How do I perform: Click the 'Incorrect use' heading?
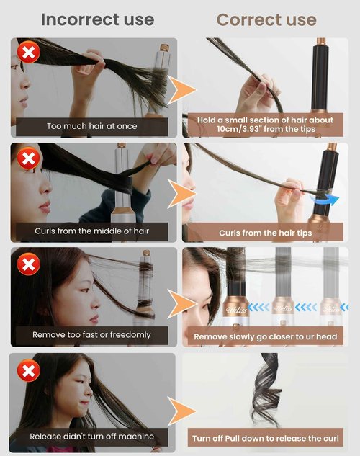click(98, 19)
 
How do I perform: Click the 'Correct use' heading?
click(266, 19)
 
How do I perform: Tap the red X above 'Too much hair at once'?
click(29, 53)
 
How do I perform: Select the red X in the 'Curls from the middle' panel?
click(29, 158)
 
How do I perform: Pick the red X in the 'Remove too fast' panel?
click(29, 264)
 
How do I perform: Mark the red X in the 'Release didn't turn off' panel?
click(29, 370)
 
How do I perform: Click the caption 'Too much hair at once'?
click(92, 126)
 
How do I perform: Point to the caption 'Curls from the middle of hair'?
click(92, 231)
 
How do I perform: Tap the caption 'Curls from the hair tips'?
click(265, 233)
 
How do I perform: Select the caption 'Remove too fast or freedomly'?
click(91, 335)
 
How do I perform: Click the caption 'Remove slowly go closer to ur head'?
click(266, 336)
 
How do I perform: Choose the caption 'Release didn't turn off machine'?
click(92, 437)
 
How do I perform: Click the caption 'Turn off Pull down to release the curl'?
click(266, 438)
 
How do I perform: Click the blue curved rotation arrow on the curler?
click(324, 200)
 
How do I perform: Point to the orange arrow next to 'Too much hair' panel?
click(181, 89)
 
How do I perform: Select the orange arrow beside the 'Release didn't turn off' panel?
click(181, 411)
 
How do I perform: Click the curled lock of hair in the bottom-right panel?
click(266, 390)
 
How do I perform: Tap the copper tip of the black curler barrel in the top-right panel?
click(321, 41)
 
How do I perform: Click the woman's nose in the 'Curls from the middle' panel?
click(45, 188)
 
